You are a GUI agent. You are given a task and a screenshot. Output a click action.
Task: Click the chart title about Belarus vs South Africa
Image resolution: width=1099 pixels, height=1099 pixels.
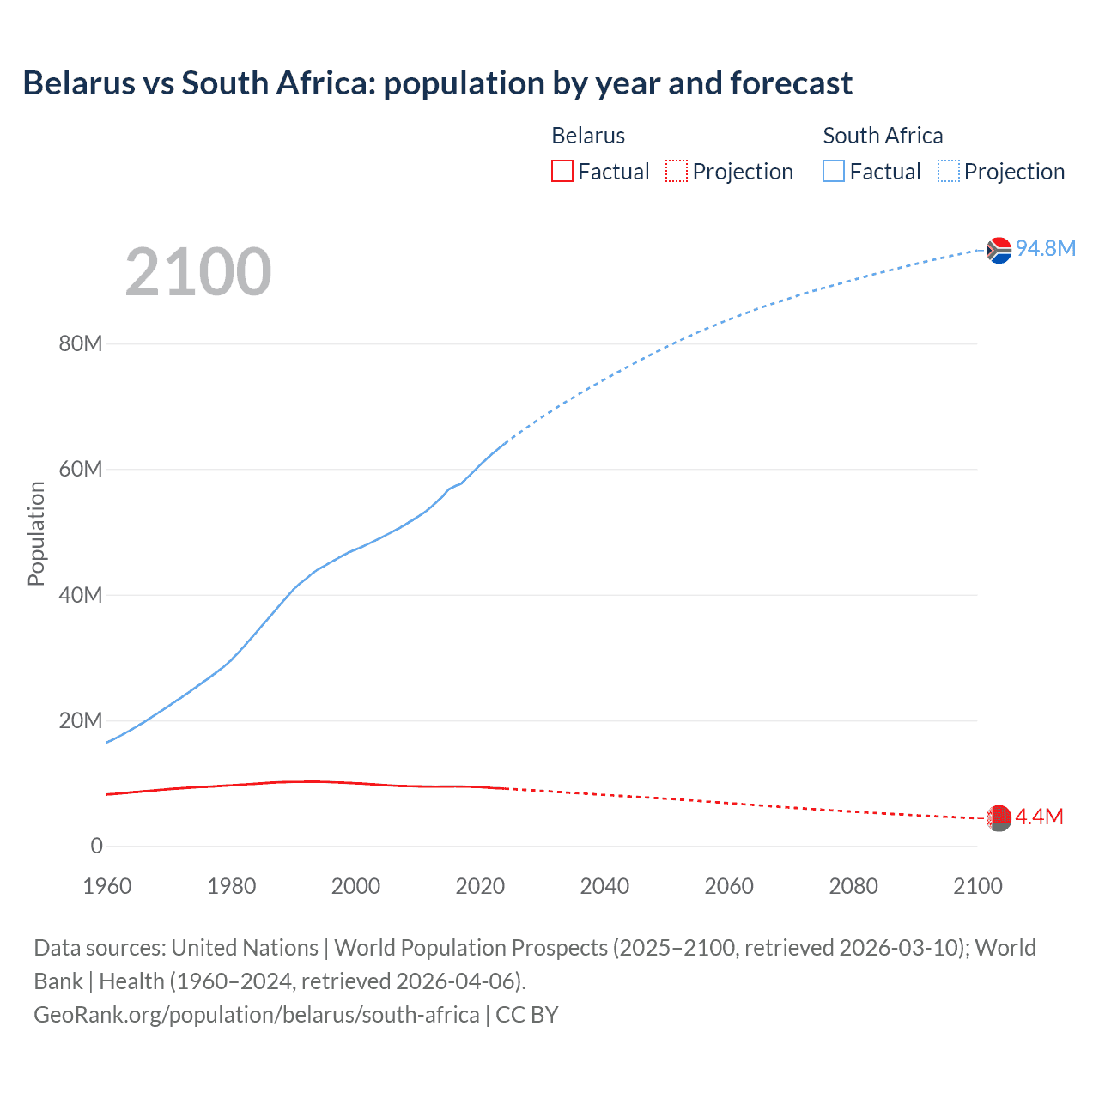point(437,83)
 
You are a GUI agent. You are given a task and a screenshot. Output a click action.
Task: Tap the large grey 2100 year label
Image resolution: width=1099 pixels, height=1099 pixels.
point(198,272)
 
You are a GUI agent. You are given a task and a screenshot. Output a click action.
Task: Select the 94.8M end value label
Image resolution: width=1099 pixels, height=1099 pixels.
point(1045,248)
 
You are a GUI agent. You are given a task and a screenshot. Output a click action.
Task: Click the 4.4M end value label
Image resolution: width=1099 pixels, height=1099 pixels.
point(1039,817)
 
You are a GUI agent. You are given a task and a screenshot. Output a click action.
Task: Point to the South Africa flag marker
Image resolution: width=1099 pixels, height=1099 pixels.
point(999,250)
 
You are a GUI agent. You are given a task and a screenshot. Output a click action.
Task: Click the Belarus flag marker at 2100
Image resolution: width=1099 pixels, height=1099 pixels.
point(998,818)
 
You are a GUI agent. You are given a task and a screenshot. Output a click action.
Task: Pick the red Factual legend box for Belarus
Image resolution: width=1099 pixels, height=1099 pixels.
point(562,171)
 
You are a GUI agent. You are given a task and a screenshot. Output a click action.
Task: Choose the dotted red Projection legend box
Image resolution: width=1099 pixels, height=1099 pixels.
point(677,171)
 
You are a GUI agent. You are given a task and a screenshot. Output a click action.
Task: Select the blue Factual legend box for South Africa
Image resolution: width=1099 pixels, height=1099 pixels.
point(834,171)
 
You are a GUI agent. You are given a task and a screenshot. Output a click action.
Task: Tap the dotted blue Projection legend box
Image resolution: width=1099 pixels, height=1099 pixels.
point(949,171)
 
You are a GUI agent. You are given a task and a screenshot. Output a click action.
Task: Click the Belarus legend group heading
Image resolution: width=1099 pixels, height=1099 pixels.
point(588,136)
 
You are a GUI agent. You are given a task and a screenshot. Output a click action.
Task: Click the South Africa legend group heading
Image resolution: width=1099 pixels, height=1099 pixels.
point(883,136)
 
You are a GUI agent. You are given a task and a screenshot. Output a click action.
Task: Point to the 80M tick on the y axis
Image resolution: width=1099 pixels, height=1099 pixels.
point(81,344)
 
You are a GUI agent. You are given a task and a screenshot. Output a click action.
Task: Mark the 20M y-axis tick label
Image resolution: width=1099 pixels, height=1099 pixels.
point(81,720)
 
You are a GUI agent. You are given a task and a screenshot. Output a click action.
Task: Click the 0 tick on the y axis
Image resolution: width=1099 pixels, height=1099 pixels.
point(96,846)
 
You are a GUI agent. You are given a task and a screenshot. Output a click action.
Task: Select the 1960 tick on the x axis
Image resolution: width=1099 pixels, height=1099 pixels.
point(107,886)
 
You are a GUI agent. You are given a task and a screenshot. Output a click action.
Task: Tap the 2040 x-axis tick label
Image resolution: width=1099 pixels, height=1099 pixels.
point(604,886)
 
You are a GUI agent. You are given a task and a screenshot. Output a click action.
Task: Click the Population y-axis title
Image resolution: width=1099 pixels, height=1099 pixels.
point(36,533)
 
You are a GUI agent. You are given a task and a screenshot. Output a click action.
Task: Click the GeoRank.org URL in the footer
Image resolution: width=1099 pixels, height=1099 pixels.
point(257,1015)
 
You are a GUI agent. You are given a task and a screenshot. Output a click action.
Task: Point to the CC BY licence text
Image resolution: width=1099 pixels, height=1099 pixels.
point(527,1015)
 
